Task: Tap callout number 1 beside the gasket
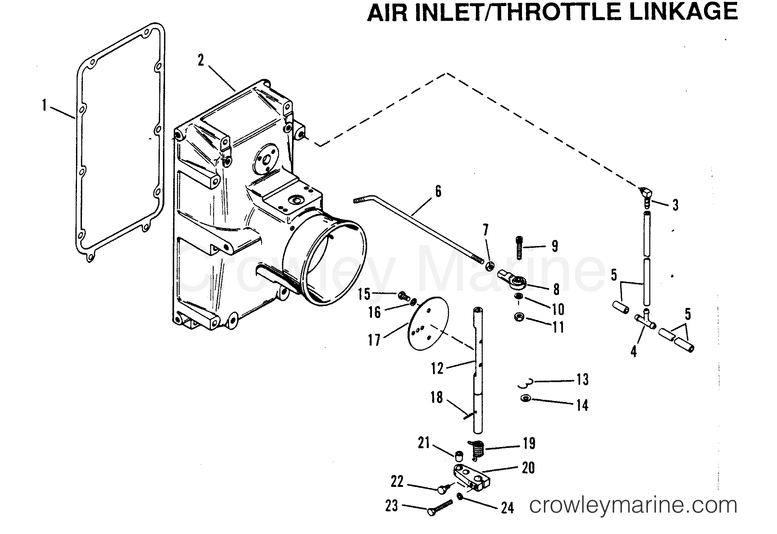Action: coord(44,106)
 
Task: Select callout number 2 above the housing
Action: coord(201,60)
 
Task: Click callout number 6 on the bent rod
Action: coord(438,191)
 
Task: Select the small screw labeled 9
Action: coord(519,248)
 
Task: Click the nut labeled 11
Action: coord(519,318)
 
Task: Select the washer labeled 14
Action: coord(526,398)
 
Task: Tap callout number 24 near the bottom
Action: coord(507,508)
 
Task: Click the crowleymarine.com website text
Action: coord(633,505)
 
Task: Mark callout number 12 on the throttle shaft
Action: coord(437,369)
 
